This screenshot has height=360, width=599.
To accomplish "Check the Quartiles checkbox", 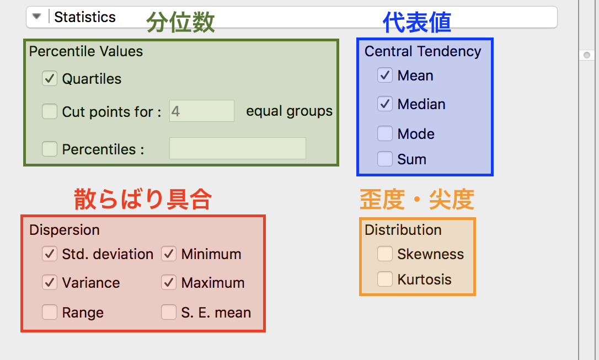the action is pos(50,79).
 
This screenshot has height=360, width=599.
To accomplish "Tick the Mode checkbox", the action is pos(384,133).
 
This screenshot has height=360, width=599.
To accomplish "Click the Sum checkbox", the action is pos(384,159).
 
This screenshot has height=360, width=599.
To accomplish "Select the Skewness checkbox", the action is pos(384,254).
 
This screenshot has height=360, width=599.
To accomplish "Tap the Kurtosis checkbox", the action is pos(384,279).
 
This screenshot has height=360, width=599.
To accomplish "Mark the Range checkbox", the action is pos(50,312).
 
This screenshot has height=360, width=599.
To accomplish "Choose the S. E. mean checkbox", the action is pos(168,312).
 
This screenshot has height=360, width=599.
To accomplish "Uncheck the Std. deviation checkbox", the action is pos(50,254).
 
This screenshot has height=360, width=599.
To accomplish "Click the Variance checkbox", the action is pos(50,282).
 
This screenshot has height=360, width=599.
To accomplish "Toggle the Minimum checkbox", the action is pos(168,254).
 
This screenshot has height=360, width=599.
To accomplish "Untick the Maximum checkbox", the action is pos(168,282).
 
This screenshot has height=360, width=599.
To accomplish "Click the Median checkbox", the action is pos(384,104).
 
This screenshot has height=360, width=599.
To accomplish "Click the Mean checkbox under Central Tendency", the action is pos(384,75).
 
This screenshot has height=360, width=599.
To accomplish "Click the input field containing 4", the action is pos(202,111).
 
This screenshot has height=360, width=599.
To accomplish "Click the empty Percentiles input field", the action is pos(238,148).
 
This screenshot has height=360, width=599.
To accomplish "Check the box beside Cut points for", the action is pos(50,111).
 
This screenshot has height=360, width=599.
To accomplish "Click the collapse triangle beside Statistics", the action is pos(36,17).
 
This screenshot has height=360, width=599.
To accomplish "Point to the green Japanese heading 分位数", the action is pos(180,22).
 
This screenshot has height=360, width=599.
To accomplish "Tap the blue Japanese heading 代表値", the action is pos(417,22).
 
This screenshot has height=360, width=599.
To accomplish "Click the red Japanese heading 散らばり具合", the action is pos(142,199).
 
